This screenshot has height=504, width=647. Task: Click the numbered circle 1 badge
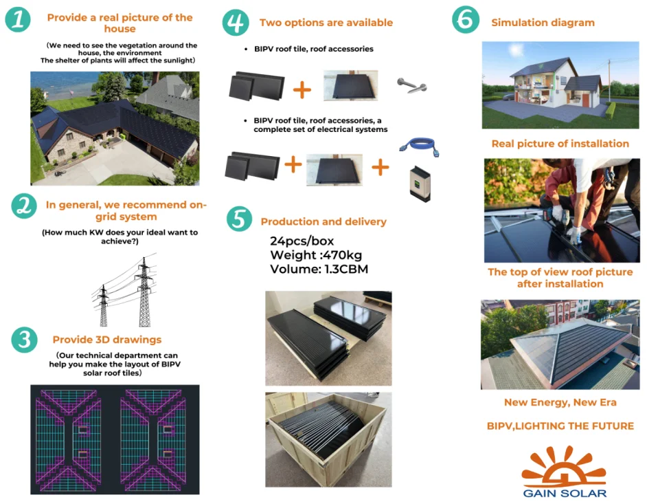(x=18, y=20)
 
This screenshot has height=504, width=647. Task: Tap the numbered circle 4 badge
(x=236, y=22)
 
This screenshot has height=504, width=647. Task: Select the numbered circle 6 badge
(x=466, y=20)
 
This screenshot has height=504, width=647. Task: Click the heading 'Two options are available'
(x=326, y=23)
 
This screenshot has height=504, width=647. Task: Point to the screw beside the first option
(x=412, y=86)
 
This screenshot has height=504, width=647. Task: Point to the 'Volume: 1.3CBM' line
(x=319, y=269)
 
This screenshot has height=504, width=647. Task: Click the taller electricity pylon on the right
(x=144, y=292)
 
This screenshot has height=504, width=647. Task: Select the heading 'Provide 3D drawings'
(x=107, y=340)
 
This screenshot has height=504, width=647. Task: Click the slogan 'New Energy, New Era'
(x=560, y=402)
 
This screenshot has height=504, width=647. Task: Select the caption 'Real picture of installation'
(x=560, y=144)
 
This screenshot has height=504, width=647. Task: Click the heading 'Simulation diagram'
(x=543, y=23)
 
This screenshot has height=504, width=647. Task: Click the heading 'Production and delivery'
(x=323, y=221)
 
